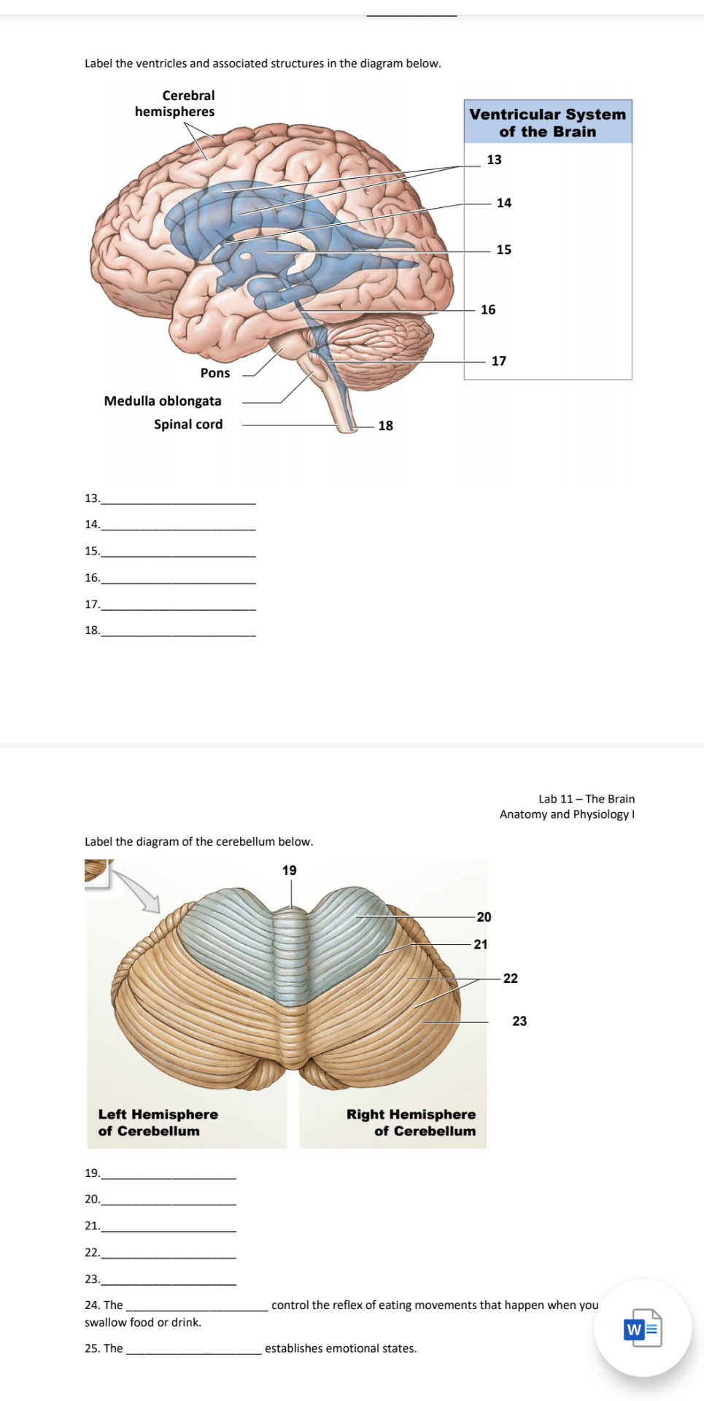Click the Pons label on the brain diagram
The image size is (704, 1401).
[215, 373]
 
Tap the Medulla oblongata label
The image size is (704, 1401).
[163, 401]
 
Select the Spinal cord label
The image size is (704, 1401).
[188, 424]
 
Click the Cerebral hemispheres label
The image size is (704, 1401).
[175, 104]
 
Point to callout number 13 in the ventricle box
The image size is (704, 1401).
[494, 160]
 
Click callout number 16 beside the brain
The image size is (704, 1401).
[488, 309]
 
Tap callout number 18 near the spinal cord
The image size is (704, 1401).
[385, 425]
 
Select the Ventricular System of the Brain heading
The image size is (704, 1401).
[547, 123]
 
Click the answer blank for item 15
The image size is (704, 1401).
[179, 552]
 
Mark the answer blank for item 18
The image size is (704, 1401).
[179, 632]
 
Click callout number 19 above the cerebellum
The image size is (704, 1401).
[290, 871]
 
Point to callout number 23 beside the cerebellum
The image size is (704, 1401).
[519, 1021]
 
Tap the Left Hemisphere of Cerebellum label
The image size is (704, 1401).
[158, 1122]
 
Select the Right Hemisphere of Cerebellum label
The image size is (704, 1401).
[411, 1122]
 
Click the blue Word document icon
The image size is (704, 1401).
[643, 1328]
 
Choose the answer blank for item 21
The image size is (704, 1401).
[169, 1227]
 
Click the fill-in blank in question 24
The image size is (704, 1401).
[197, 1307]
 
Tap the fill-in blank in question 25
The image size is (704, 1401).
[194, 1350]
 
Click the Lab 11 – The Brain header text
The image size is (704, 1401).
[586, 799]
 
